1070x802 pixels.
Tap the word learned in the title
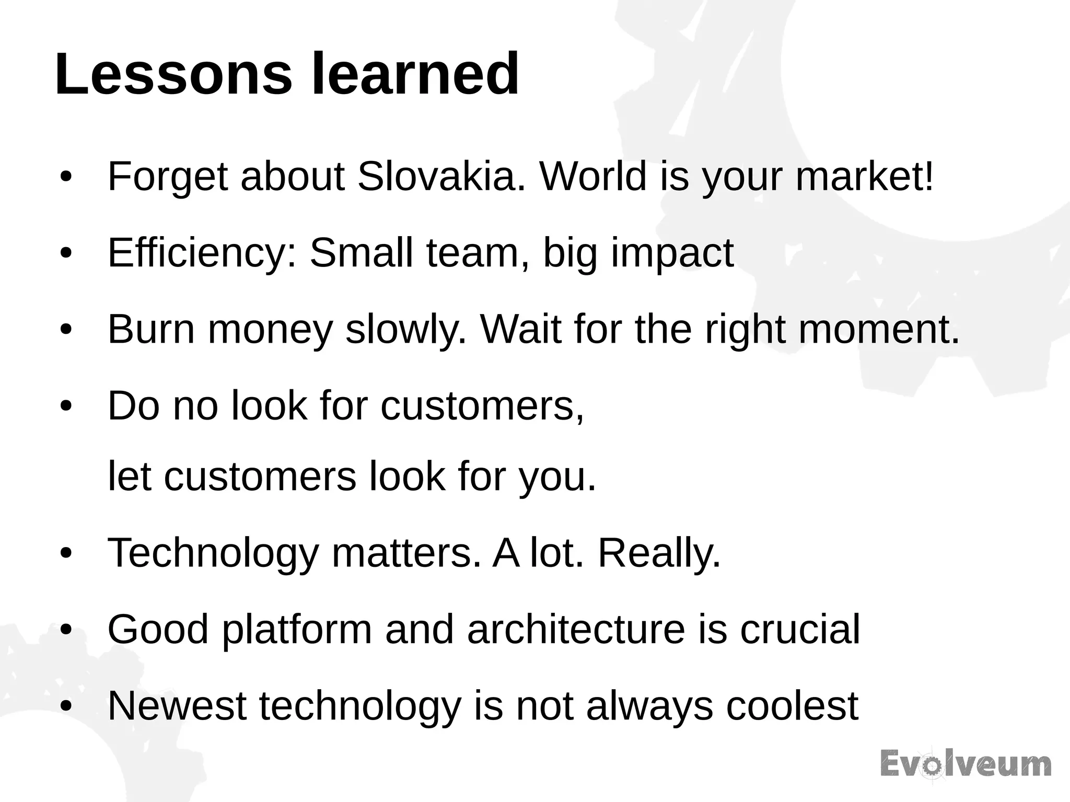click(x=415, y=74)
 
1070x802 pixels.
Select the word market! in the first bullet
click(x=864, y=177)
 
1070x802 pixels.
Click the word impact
click(x=672, y=254)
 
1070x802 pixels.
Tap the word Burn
click(x=151, y=330)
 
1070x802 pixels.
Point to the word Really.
click(x=659, y=553)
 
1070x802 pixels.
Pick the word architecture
click(x=576, y=630)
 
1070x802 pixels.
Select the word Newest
click(x=177, y=706)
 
